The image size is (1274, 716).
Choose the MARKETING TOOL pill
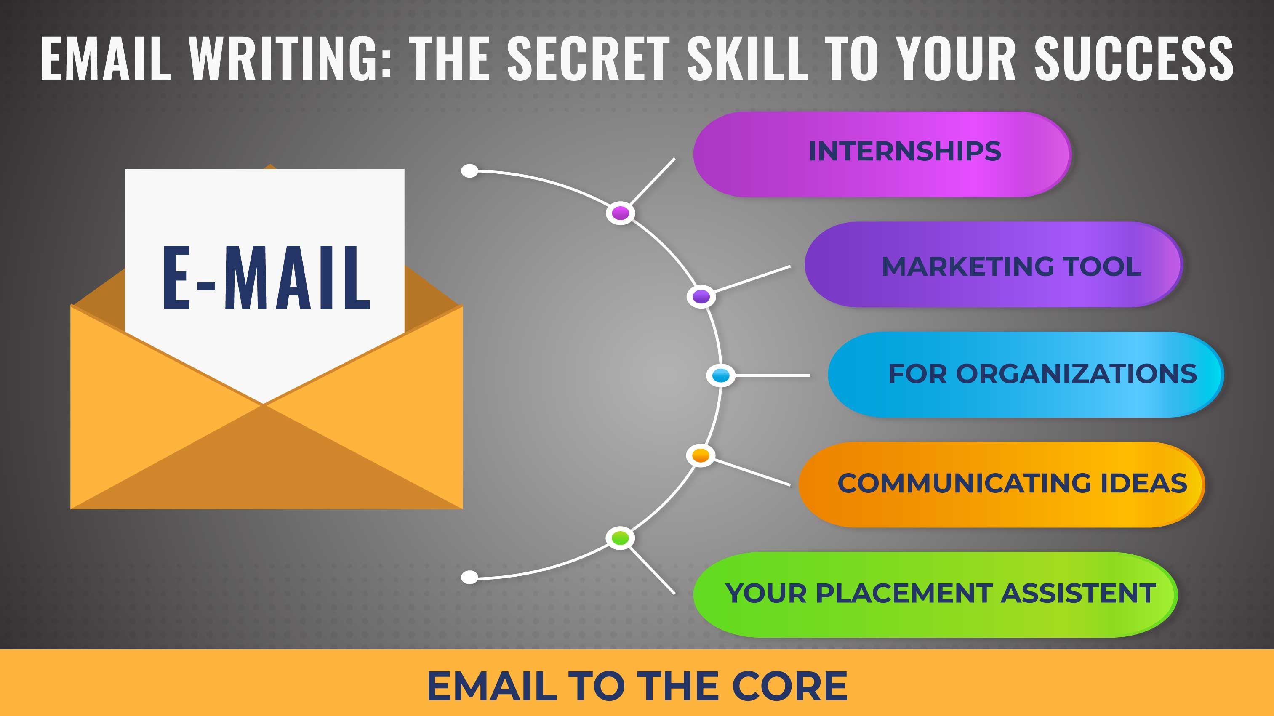point(993,264)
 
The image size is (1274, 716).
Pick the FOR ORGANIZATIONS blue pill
point(1025,374)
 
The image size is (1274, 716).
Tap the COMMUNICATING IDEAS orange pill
point(1001,484)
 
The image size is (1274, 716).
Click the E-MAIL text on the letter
point(267,278)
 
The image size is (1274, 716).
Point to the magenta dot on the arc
point(620,213)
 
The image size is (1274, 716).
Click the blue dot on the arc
point(721,375)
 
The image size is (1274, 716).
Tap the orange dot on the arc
point(701,455)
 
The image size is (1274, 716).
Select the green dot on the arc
point(620,538)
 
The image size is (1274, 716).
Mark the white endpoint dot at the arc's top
point(469,171)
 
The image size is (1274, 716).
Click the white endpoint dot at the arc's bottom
point(469,577)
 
